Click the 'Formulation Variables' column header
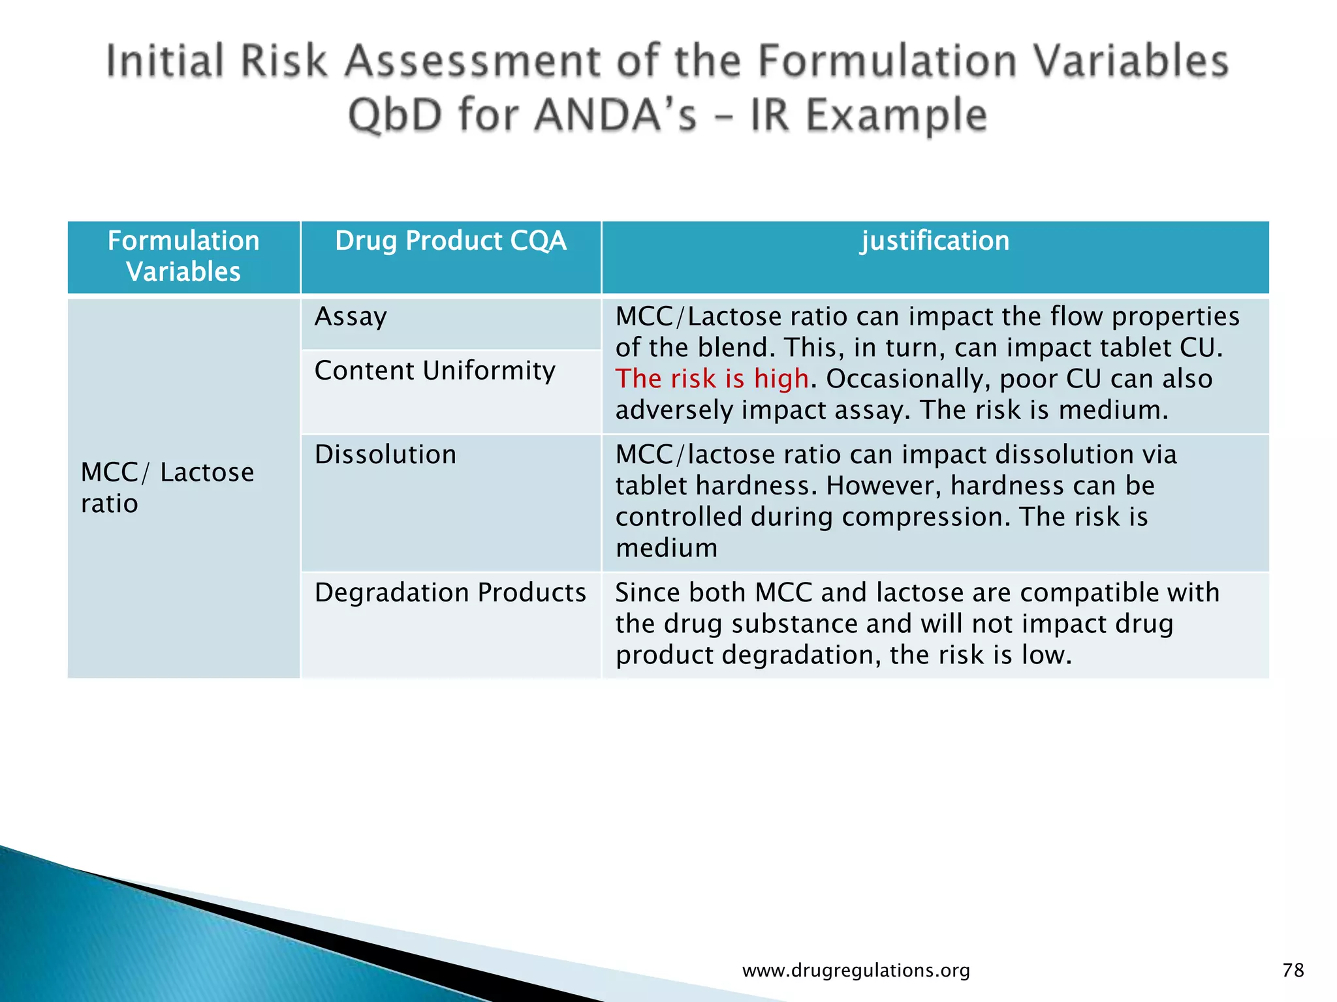183,256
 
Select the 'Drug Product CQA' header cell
450,241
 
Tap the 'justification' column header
935,241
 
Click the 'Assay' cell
351,317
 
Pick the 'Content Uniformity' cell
435,371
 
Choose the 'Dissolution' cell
385,455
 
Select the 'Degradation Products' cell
450,593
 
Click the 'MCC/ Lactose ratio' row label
167,487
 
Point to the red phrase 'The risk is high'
712,379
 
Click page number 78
1293,970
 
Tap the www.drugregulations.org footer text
856,971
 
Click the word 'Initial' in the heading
165,61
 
